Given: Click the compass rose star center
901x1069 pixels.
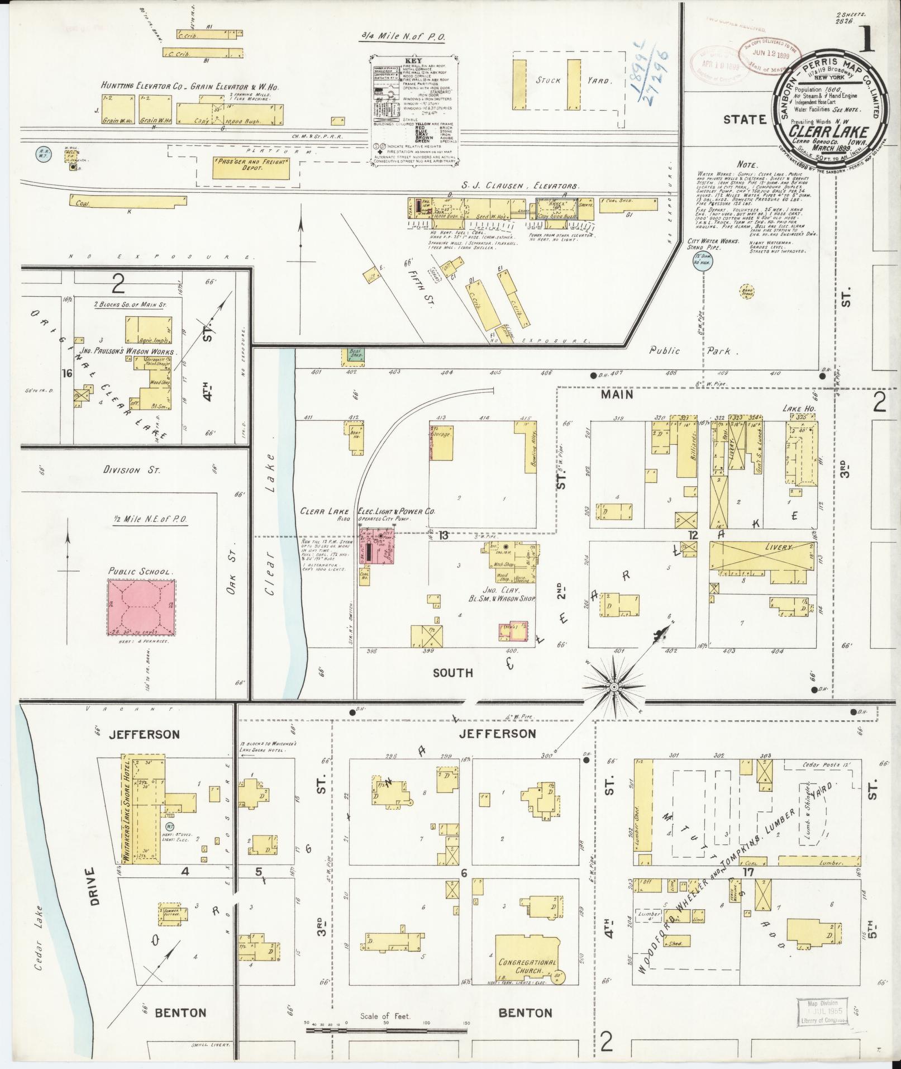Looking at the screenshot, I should (x=613, y=686).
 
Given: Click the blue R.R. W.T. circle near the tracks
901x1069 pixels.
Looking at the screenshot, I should (x=42, y=152).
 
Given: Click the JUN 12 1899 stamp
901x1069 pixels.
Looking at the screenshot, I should (x=766, y=54).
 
